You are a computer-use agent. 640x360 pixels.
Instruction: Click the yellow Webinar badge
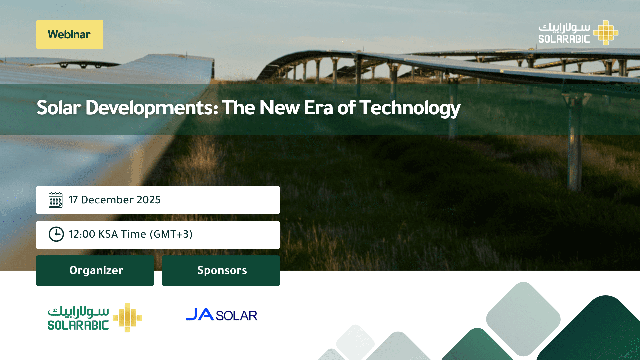pos(70,34)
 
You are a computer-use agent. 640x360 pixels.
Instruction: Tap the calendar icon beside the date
pos(55,200)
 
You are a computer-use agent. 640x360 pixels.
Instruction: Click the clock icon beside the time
pos(56,234)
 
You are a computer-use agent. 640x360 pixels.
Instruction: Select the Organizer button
pos(95,270)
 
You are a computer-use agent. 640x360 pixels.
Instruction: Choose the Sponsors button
pos(221,270)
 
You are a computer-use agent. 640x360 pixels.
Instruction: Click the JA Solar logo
pos(221,315)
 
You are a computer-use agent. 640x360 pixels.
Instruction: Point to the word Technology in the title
pos(410,108)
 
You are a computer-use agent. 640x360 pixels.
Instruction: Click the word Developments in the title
pos(152,108)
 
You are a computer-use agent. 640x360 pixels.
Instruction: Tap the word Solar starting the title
pos(59,108)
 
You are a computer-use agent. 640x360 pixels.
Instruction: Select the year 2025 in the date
pos(149,200)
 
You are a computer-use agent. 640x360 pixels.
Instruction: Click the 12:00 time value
pos(82,234)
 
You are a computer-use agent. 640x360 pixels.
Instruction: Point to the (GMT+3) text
pos(171,234)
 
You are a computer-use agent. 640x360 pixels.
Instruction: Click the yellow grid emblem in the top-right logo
pos(606,33)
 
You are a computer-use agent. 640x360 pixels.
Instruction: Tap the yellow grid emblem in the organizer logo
pos(127,318)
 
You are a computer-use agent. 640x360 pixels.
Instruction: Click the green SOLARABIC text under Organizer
pos(78,325)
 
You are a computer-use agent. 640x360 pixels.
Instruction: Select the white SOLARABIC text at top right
pos(564,39)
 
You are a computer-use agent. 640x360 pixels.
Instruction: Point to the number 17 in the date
pos(73,200)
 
